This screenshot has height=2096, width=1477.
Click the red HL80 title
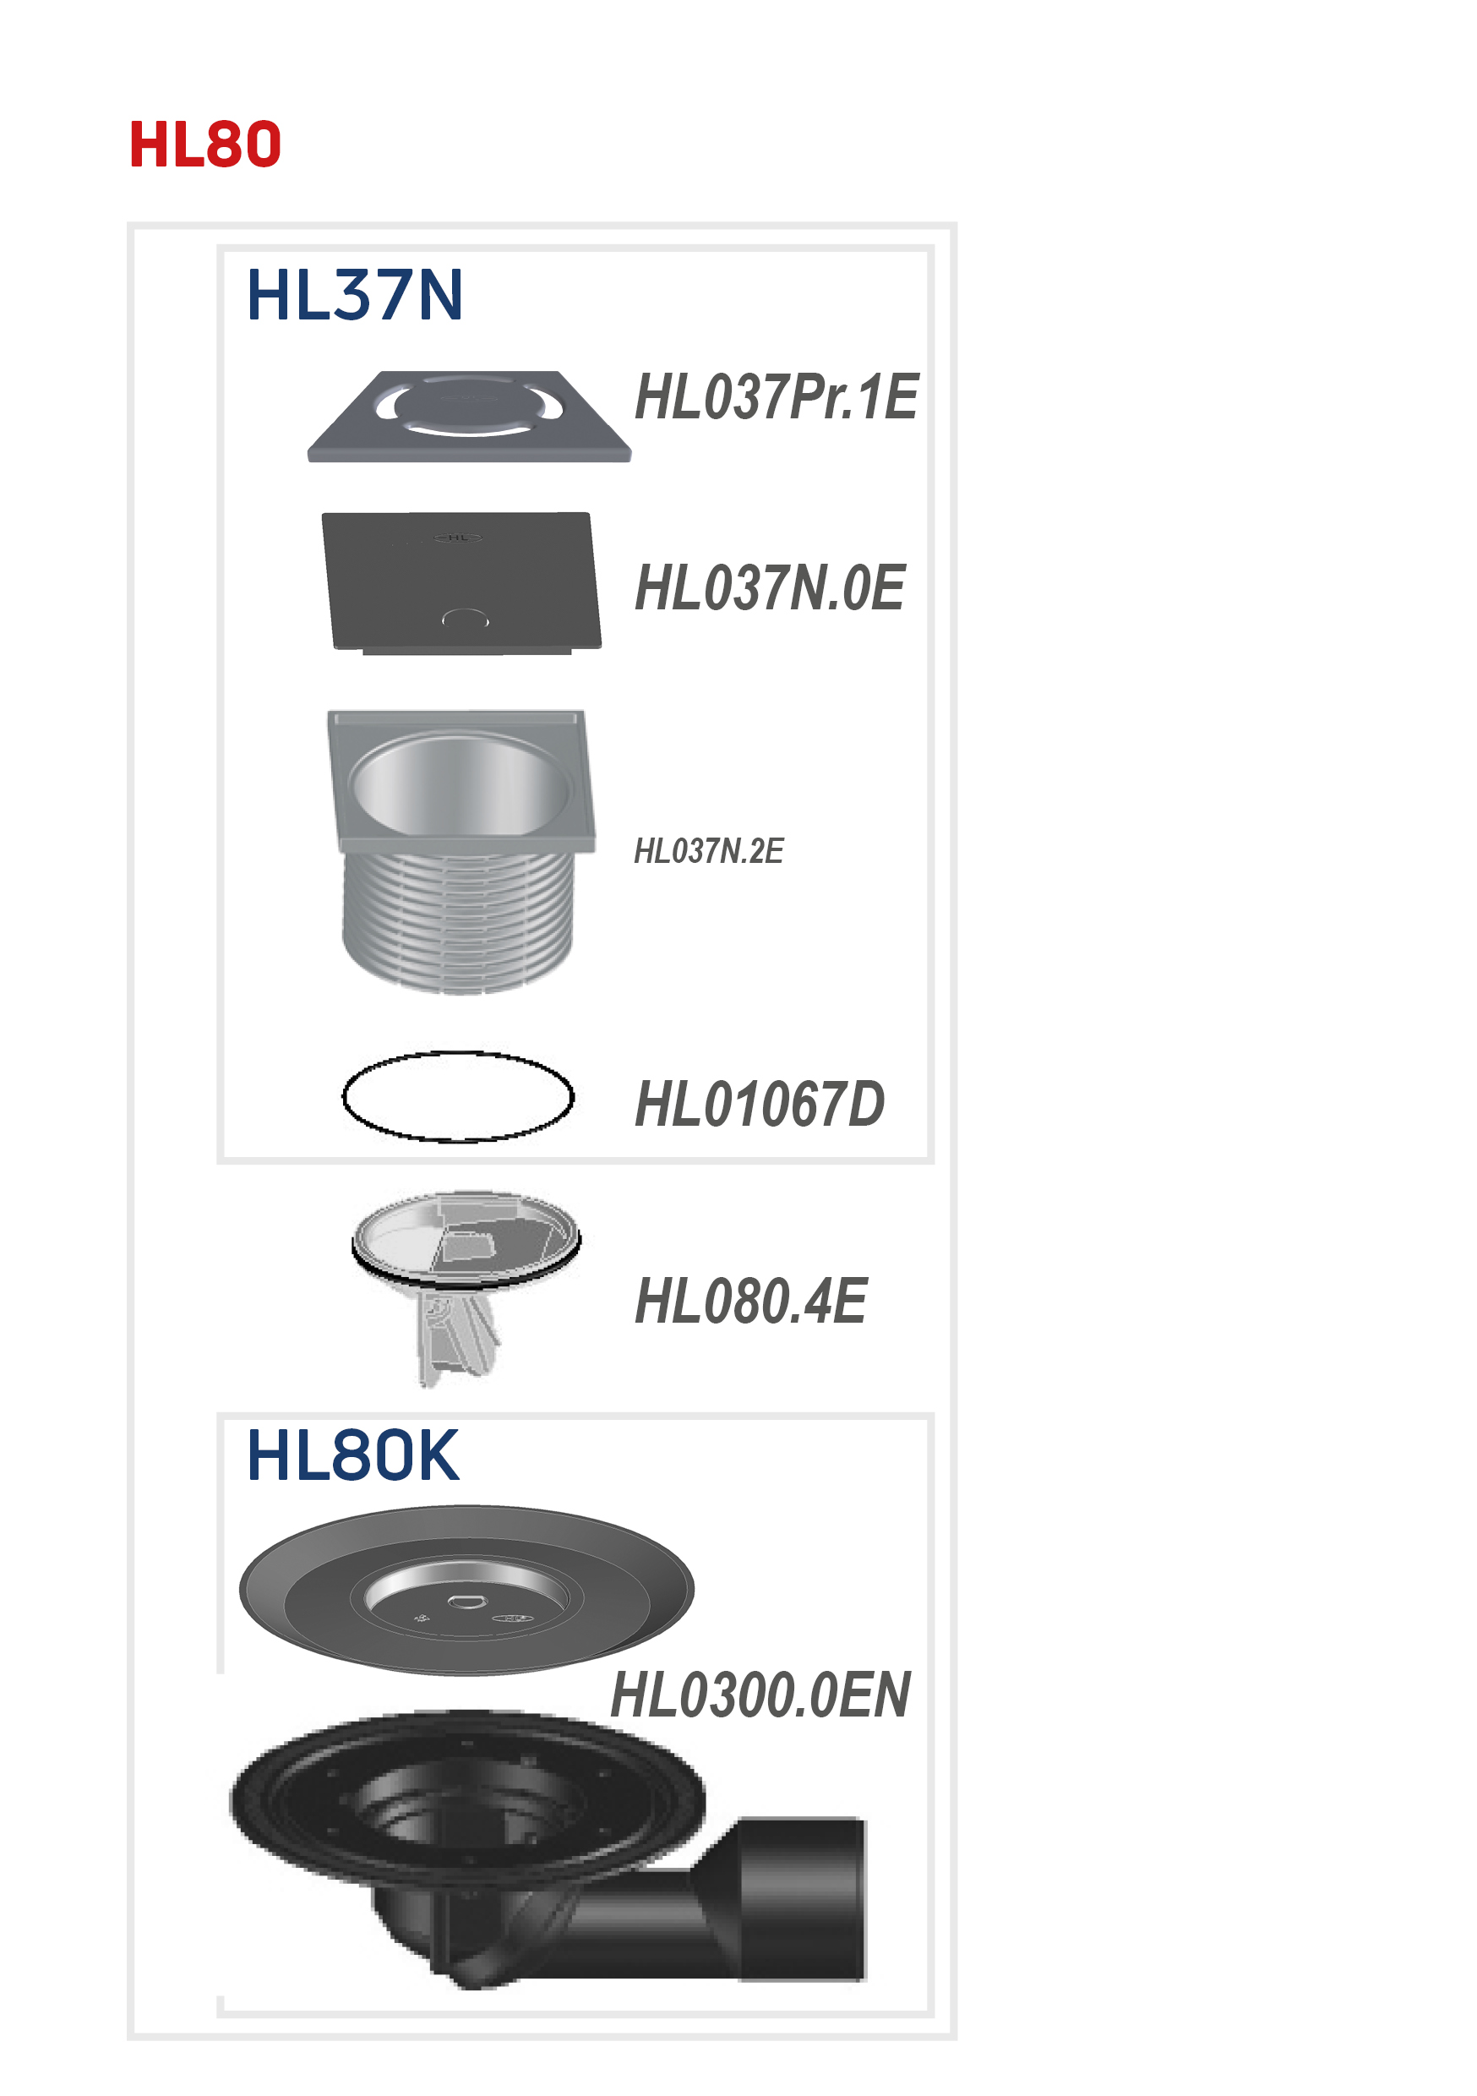pyautogui.click(x=204, y=145)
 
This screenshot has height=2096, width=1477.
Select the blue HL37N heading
pyautogui.click(x=354, y=295)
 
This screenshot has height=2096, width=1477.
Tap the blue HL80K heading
pyautogui.click(x=352, y=1455)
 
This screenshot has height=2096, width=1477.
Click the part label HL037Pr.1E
pyautogui.click(x=776, y=398)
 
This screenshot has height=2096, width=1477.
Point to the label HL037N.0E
pyautogui.click(x=770, y=588)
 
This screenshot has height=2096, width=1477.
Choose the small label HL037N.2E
pyautogui.click(x=708, y=851)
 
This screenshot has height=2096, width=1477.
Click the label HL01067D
pyautogui.click(x=760, y=1104)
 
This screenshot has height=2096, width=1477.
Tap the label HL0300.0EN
pyautogui.click(x=760, y=1695)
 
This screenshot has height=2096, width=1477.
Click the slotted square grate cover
pyautogui.click(x=469, y=417)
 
